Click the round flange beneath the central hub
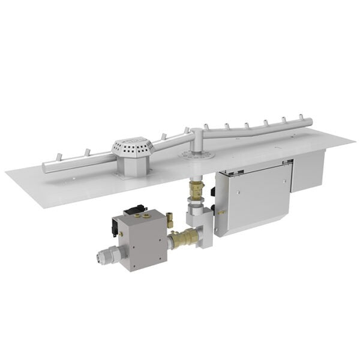pyautogui.click(x=197, y=155)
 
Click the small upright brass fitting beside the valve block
pyautogui.click(x=170, y=220)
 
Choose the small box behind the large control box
pyautogui.click(x=307, y=170)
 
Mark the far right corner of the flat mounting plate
pyautogui.click(x=354, y=142)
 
